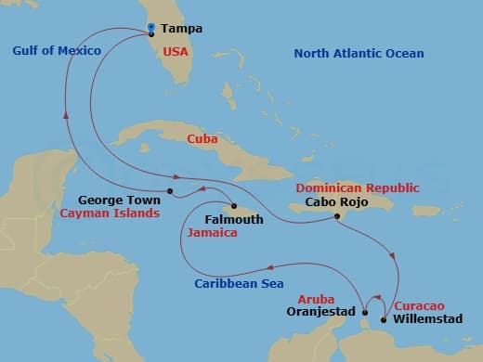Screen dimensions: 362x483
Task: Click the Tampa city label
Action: point(183,29)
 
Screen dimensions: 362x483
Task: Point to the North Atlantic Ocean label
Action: point(359,54)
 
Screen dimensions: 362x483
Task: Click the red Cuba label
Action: point(202,138)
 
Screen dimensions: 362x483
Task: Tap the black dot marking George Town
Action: point(170,192)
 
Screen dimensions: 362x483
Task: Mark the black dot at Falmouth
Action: point(234,206)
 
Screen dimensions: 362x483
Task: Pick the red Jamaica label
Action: point(212,234)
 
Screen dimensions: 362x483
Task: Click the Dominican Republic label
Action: point(357,187)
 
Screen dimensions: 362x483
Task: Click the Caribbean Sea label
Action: point(239,283)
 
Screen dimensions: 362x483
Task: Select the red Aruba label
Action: point(316,299)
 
